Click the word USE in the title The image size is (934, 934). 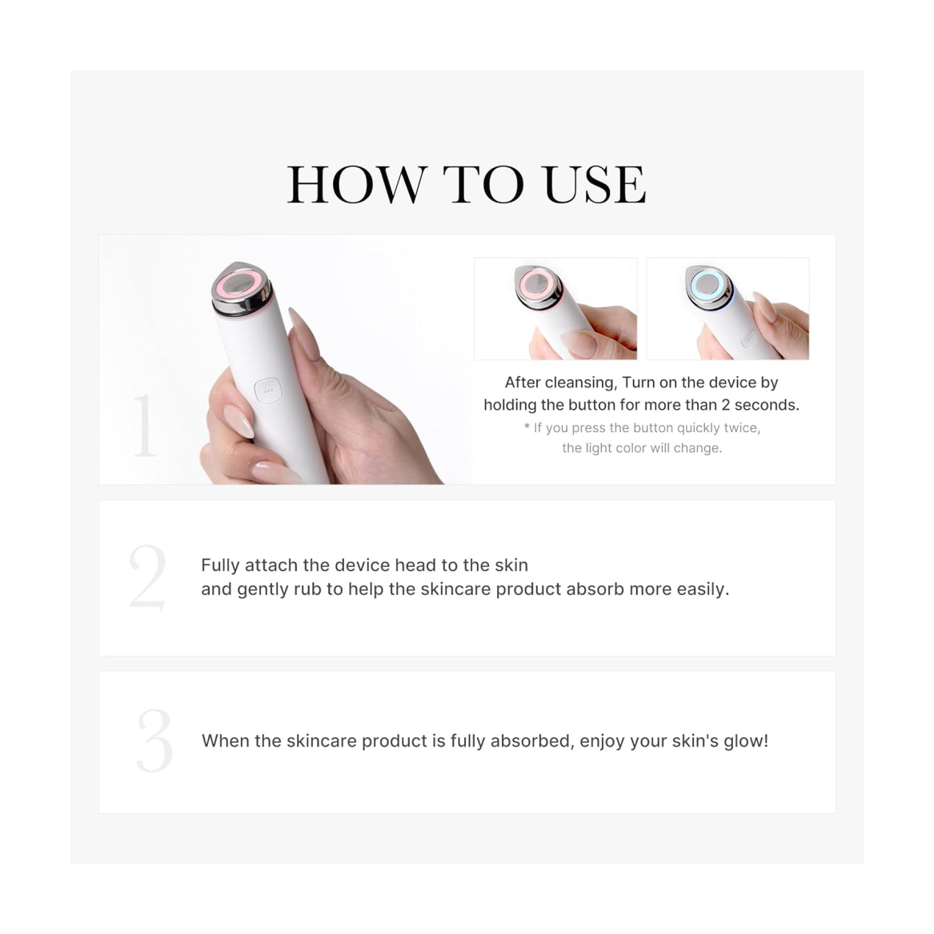pos(595,185)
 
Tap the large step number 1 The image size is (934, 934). pos(144,425)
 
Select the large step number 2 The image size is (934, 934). pos(147,576)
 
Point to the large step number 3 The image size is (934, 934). pos(154,740)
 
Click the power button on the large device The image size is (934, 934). pos(267,391)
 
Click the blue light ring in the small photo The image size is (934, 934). pos(708,283)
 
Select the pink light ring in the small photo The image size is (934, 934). pos(537,283)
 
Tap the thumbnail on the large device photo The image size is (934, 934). pos(238,420)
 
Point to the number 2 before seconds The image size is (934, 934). pos(726,405)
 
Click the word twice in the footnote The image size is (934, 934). pos(742,428)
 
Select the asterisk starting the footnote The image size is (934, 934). pos(527,427)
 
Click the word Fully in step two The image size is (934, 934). pos(220,565)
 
